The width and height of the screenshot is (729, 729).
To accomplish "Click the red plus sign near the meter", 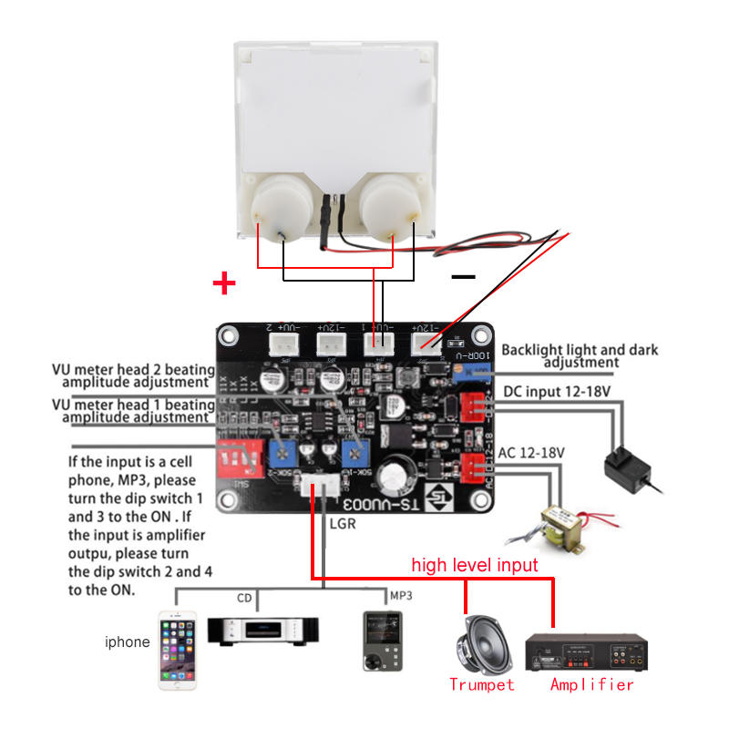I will coord(223,282).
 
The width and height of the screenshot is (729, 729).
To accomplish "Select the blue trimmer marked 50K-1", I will coord(353,449).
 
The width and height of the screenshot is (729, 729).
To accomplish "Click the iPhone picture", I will coord(178,642).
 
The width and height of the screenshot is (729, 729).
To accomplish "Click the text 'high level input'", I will coord(475,565).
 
